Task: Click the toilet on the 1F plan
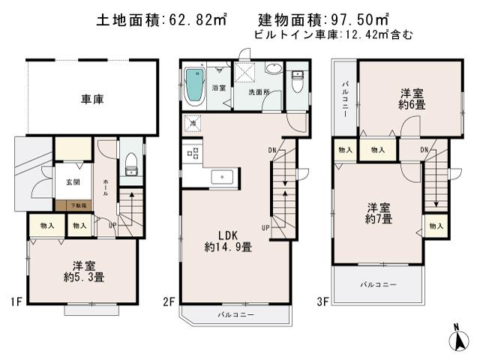coord(132,163)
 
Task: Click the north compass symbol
coord(457,338)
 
